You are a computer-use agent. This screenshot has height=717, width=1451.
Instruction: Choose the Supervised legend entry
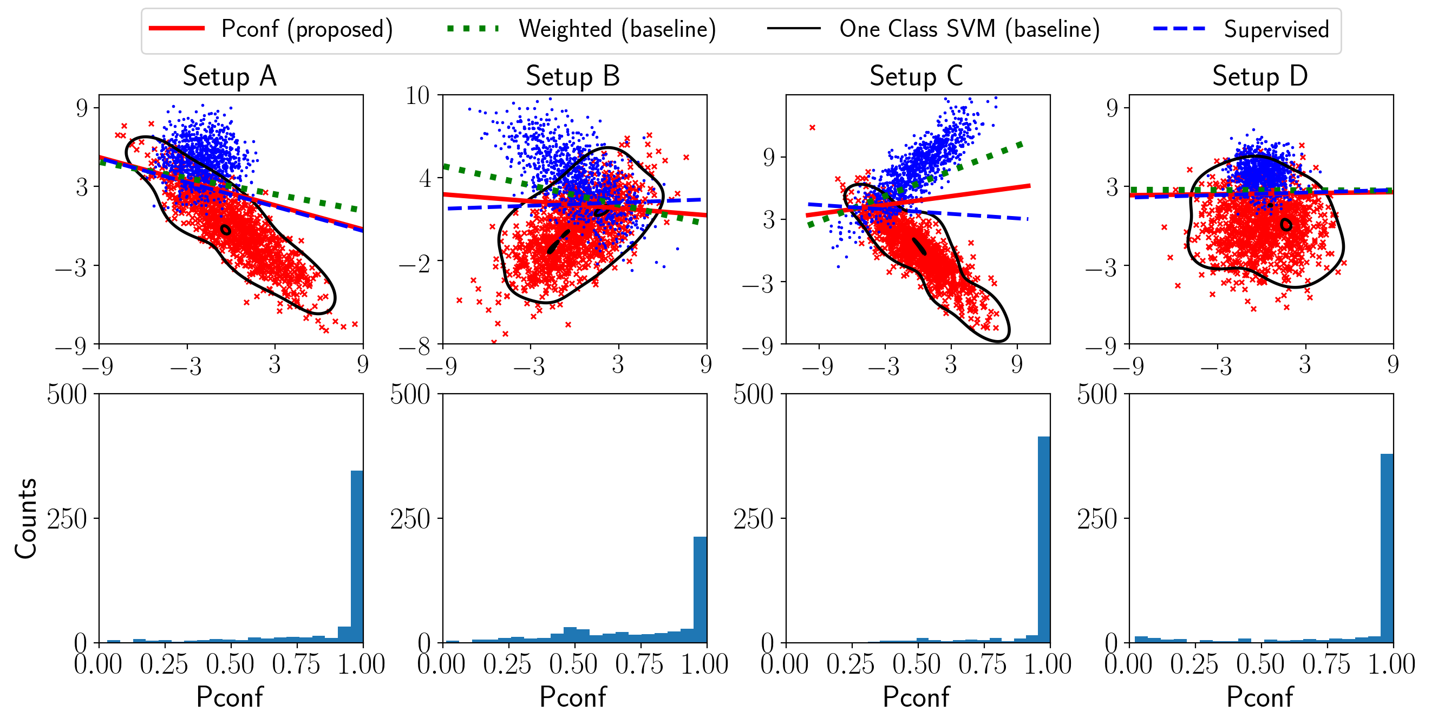tap(1241, 29)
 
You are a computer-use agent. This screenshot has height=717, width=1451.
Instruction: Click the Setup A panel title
tap(230, 76)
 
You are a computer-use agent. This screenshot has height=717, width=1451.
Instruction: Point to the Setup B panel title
tap(573, 76)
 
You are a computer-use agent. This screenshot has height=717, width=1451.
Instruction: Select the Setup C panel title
tap(917, 76)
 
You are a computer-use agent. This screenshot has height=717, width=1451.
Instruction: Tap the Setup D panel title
tap(1260, 76)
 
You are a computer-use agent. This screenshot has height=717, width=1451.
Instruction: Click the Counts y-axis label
tap(26, 519)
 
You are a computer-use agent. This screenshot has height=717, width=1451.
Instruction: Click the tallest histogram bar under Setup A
tap(357, 557)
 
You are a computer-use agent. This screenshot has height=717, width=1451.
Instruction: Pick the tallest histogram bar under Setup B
tap(700, 590)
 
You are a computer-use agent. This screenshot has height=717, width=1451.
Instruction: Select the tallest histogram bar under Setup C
tap(1044, 539)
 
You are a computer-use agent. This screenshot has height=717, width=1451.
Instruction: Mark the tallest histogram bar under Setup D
tap(1387, 548)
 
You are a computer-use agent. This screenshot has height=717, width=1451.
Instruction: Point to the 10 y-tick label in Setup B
tap(417, 96)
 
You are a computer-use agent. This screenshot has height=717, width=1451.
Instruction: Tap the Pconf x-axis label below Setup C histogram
tap(917, 698)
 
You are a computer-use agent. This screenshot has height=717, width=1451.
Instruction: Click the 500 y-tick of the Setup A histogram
tap(67, 395)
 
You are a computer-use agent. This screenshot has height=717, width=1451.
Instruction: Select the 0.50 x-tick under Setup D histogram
tap(1260, 664)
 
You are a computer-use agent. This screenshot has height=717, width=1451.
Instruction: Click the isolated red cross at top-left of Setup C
tap(812, 128)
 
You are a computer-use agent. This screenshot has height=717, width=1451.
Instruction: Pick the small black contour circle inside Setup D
tap(1286, 225)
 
